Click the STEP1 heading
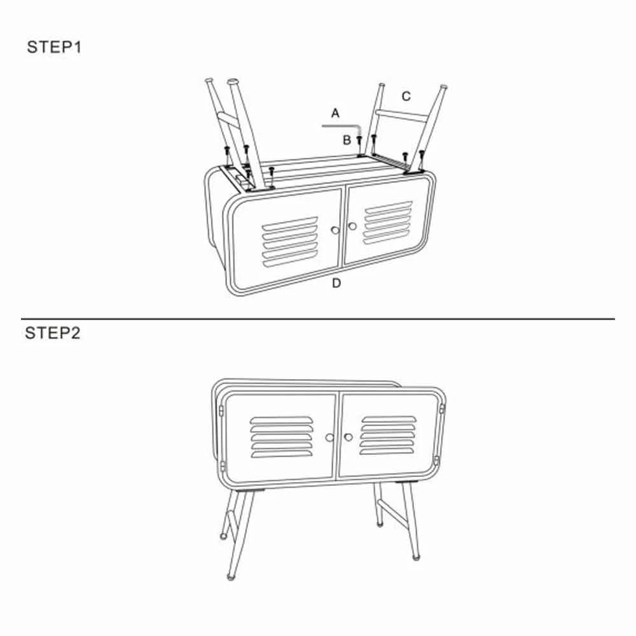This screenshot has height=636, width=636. pyautogui.click(x=54, y=47)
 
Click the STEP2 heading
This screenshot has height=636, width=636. pyautogui.click(x=53, y=333)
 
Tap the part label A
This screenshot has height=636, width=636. pyautogui.click(x=335, y=113)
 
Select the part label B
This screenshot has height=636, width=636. pyautogui.click(x=347, y=140)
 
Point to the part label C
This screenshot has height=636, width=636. pyautogui.click(x=406, y=97)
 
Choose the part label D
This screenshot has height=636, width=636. pyautogui.click(x=336, y=283)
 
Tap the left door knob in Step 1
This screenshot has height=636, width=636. pyautogui.click(x=335, y=230)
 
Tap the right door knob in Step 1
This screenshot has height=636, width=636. pyautogui.click(x=352, y=226)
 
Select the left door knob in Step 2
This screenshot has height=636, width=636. pyautogui.click(x=329, y=438)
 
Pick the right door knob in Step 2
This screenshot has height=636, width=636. pyautogui.click(x=348, y=437)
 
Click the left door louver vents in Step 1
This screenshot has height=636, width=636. pyautogui.click(x=289, y=242)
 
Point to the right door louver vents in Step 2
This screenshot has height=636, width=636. pyautogui.click(x=388, y=435)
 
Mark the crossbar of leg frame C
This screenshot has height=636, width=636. pyautogui.click(x=401, y=116)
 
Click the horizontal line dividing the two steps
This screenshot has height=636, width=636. pyautogui.click(x=318, y=319)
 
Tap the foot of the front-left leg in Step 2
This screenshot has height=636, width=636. pyautogui.click(x=231, y=576)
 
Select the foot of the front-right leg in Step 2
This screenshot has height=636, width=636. pyautogui.click(x=416, y=557)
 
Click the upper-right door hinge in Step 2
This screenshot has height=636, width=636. pyautogui.click(x=442, y=408)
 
